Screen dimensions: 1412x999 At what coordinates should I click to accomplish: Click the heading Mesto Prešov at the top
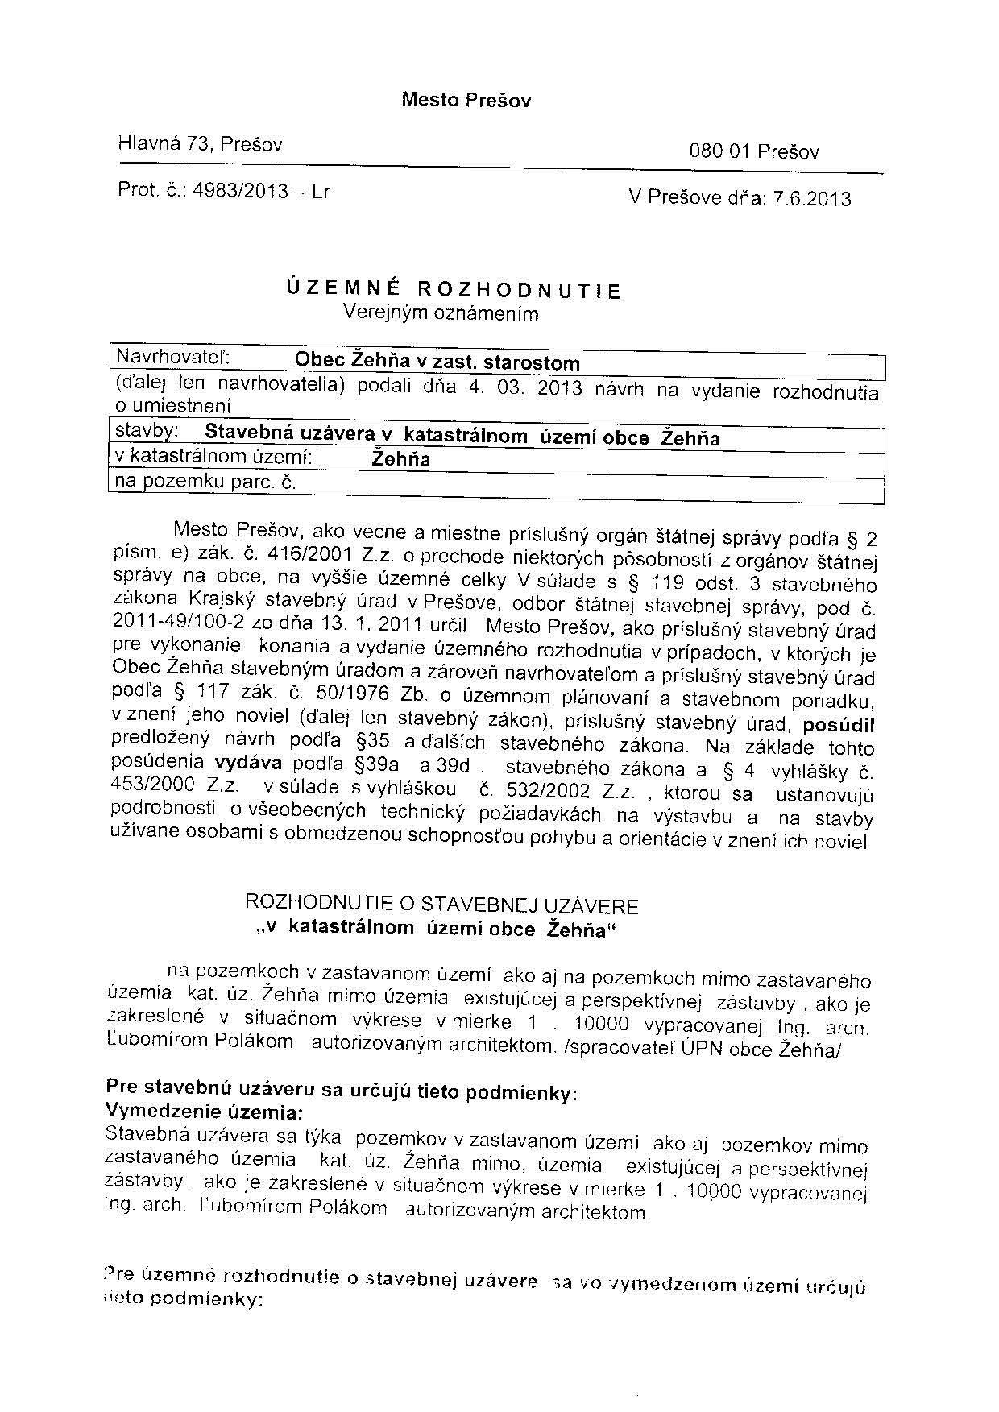tap(466, 101)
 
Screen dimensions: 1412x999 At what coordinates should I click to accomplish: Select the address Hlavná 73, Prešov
tap(200, 144)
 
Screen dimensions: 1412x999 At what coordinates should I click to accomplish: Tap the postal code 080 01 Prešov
tap(753, 152)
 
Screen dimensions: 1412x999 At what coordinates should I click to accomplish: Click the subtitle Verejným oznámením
tap(440, 313)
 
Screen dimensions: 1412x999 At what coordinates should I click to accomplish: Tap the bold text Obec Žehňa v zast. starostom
tap(437, 362)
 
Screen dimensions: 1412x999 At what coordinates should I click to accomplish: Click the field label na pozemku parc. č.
tap(206, 482)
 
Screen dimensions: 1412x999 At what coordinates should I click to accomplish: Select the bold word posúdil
tap(838, 723)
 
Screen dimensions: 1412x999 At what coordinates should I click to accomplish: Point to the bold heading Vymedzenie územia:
tap(205, 1112)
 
